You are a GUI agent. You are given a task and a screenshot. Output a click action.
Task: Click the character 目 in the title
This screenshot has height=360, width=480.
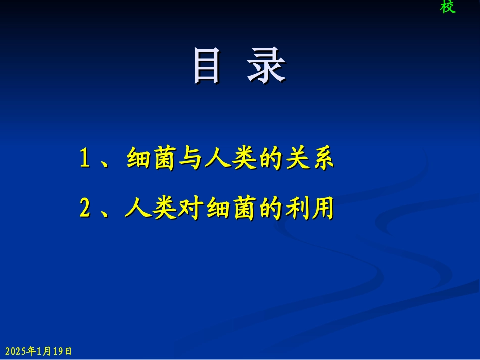[x=207, y=66]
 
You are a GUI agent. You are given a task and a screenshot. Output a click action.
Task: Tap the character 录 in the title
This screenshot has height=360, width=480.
[x=266, y=66]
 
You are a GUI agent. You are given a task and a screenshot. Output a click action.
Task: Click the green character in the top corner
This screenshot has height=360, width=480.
[x=447, y=7]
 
